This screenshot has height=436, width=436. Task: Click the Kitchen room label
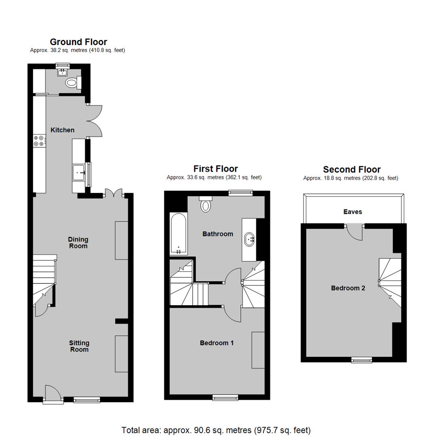(62, 130)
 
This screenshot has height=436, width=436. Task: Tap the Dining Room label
(78, 243)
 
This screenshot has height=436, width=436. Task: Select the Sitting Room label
(79, 346)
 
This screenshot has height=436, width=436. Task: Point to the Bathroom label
(218, 234)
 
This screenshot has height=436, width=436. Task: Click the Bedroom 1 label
(217, 343)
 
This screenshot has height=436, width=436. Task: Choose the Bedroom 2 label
(348, 288)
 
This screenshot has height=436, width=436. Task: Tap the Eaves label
(352, 212)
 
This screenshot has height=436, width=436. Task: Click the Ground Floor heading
(78, 42)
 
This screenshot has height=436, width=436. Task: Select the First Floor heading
(216, 169)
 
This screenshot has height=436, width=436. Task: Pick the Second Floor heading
(352, 169)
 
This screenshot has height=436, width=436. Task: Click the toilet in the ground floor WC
(73, 83)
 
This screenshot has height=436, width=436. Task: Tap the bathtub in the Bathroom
(178, 234)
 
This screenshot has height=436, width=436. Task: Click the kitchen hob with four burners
(39, 141)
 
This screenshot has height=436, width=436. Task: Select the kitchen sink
(79, 172)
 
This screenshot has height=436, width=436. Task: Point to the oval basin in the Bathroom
(249, 239)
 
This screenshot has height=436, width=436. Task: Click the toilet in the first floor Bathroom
(206, 204)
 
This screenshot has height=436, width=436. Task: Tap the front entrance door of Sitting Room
(53, 393)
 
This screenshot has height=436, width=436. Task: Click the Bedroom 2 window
(362, 360)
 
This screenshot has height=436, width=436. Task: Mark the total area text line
(216, 430)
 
